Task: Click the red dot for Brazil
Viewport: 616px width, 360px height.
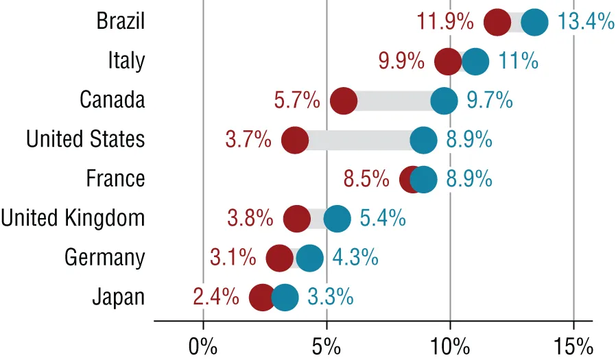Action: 497,22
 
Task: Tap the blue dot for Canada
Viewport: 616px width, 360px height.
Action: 444,101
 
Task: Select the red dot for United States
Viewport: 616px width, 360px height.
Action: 295,140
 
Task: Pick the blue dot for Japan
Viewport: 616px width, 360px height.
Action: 285,298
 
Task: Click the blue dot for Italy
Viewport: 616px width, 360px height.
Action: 475,62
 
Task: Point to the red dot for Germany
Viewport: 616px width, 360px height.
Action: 280,259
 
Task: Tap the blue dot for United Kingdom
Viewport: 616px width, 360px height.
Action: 337,219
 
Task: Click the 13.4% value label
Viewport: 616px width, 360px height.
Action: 585,22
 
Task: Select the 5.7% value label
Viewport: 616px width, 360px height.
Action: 297,101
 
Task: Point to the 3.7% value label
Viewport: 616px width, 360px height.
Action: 248,140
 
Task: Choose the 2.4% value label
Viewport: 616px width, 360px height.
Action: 216,298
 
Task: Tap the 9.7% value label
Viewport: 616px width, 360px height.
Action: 490,101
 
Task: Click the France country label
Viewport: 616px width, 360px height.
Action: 115,179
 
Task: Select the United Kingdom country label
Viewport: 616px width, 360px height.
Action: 73,219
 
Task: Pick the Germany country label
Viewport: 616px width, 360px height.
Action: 105,259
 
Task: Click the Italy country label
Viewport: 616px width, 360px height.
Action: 126,62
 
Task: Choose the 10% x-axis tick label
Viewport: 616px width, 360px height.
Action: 450,344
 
